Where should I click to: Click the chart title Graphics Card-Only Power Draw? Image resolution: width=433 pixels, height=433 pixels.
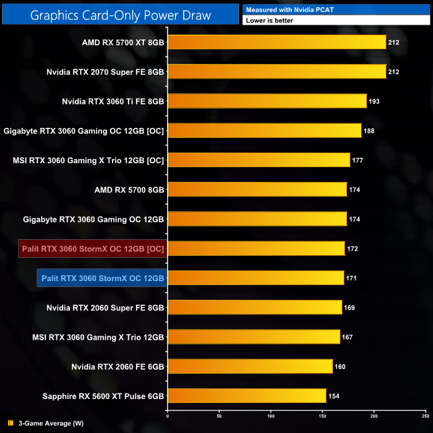(x=121, y=14)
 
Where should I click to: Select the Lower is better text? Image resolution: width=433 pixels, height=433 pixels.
(x=270, y=21)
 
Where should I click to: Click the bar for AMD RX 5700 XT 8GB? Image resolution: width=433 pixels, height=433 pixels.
(x=276, y=42)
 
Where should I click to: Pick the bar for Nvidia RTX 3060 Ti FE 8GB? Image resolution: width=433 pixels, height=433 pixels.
(x=266, y=101)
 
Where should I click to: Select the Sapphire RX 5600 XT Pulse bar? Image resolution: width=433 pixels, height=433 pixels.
(x=246, y=396)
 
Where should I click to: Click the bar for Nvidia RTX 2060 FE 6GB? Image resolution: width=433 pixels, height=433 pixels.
(x=250, y=366)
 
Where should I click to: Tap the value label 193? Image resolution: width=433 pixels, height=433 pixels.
(x=374, y=101)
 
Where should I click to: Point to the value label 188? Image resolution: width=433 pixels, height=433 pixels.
(x=369, y=131)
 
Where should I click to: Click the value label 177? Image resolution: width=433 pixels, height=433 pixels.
(x=358, y=160)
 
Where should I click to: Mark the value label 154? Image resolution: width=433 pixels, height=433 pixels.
(x=334, y=396)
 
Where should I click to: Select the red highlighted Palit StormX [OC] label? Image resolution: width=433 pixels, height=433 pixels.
(x=93, y=248)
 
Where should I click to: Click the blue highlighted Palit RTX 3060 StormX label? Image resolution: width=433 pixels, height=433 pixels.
(x=102, y=278)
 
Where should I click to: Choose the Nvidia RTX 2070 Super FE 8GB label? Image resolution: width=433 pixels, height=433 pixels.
(x=105, y=72)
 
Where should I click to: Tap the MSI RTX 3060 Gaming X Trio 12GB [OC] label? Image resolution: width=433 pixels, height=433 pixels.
(x=89, y=160)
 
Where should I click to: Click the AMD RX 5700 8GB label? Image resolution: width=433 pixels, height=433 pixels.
(x=129, y=190)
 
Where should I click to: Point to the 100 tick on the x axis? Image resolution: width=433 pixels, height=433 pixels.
(x=270, y=416)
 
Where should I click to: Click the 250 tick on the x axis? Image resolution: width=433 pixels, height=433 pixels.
(x=425, y=416)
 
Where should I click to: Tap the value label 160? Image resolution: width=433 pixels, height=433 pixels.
(x=340, y=366)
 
